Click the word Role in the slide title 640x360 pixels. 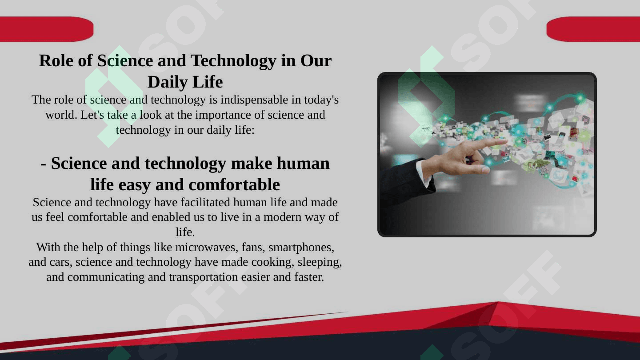click(56, 60)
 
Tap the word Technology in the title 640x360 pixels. click(233, 61)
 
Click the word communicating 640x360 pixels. click(106, 277)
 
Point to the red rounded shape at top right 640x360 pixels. click(593, 29)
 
